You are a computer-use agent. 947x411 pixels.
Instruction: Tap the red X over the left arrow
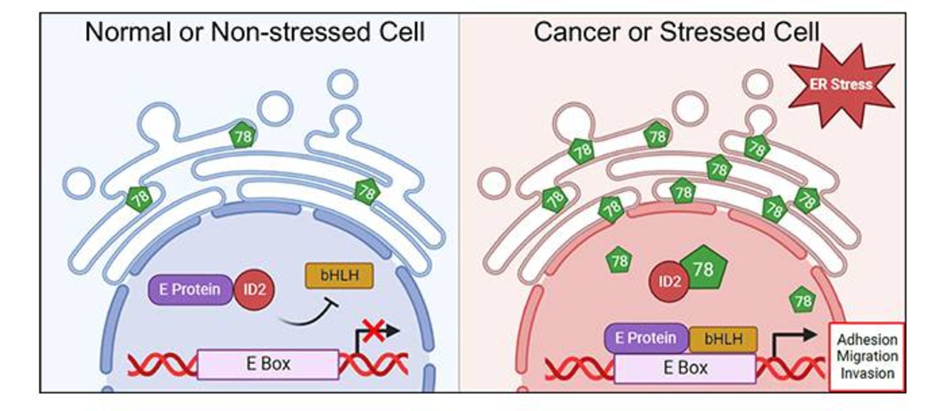374,330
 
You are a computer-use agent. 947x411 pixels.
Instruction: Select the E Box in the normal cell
268,364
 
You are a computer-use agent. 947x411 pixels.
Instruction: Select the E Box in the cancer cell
685,368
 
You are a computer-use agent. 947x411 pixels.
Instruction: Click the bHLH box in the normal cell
339,276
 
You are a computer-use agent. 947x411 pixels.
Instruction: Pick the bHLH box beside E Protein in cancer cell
723,339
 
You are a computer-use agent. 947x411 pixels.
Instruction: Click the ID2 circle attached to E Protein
254,290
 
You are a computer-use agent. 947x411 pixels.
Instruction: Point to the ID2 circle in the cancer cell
669,282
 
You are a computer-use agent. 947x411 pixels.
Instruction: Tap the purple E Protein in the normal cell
190,290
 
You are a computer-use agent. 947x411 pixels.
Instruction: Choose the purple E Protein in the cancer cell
646,338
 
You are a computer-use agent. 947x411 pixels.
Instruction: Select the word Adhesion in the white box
867,340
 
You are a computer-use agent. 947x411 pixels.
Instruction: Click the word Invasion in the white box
867,374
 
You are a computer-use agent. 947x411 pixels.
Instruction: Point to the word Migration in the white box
867,356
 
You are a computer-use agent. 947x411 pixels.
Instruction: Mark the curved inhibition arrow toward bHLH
308,316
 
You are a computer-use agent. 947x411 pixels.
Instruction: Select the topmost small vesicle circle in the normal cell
343,84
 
